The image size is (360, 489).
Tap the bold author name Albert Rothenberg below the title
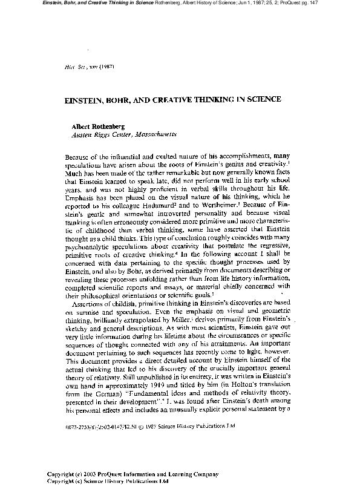pyautogui.click(x=100, y=126)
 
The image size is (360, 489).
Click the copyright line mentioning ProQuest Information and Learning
pyautogui.click(x=133, y=475)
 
